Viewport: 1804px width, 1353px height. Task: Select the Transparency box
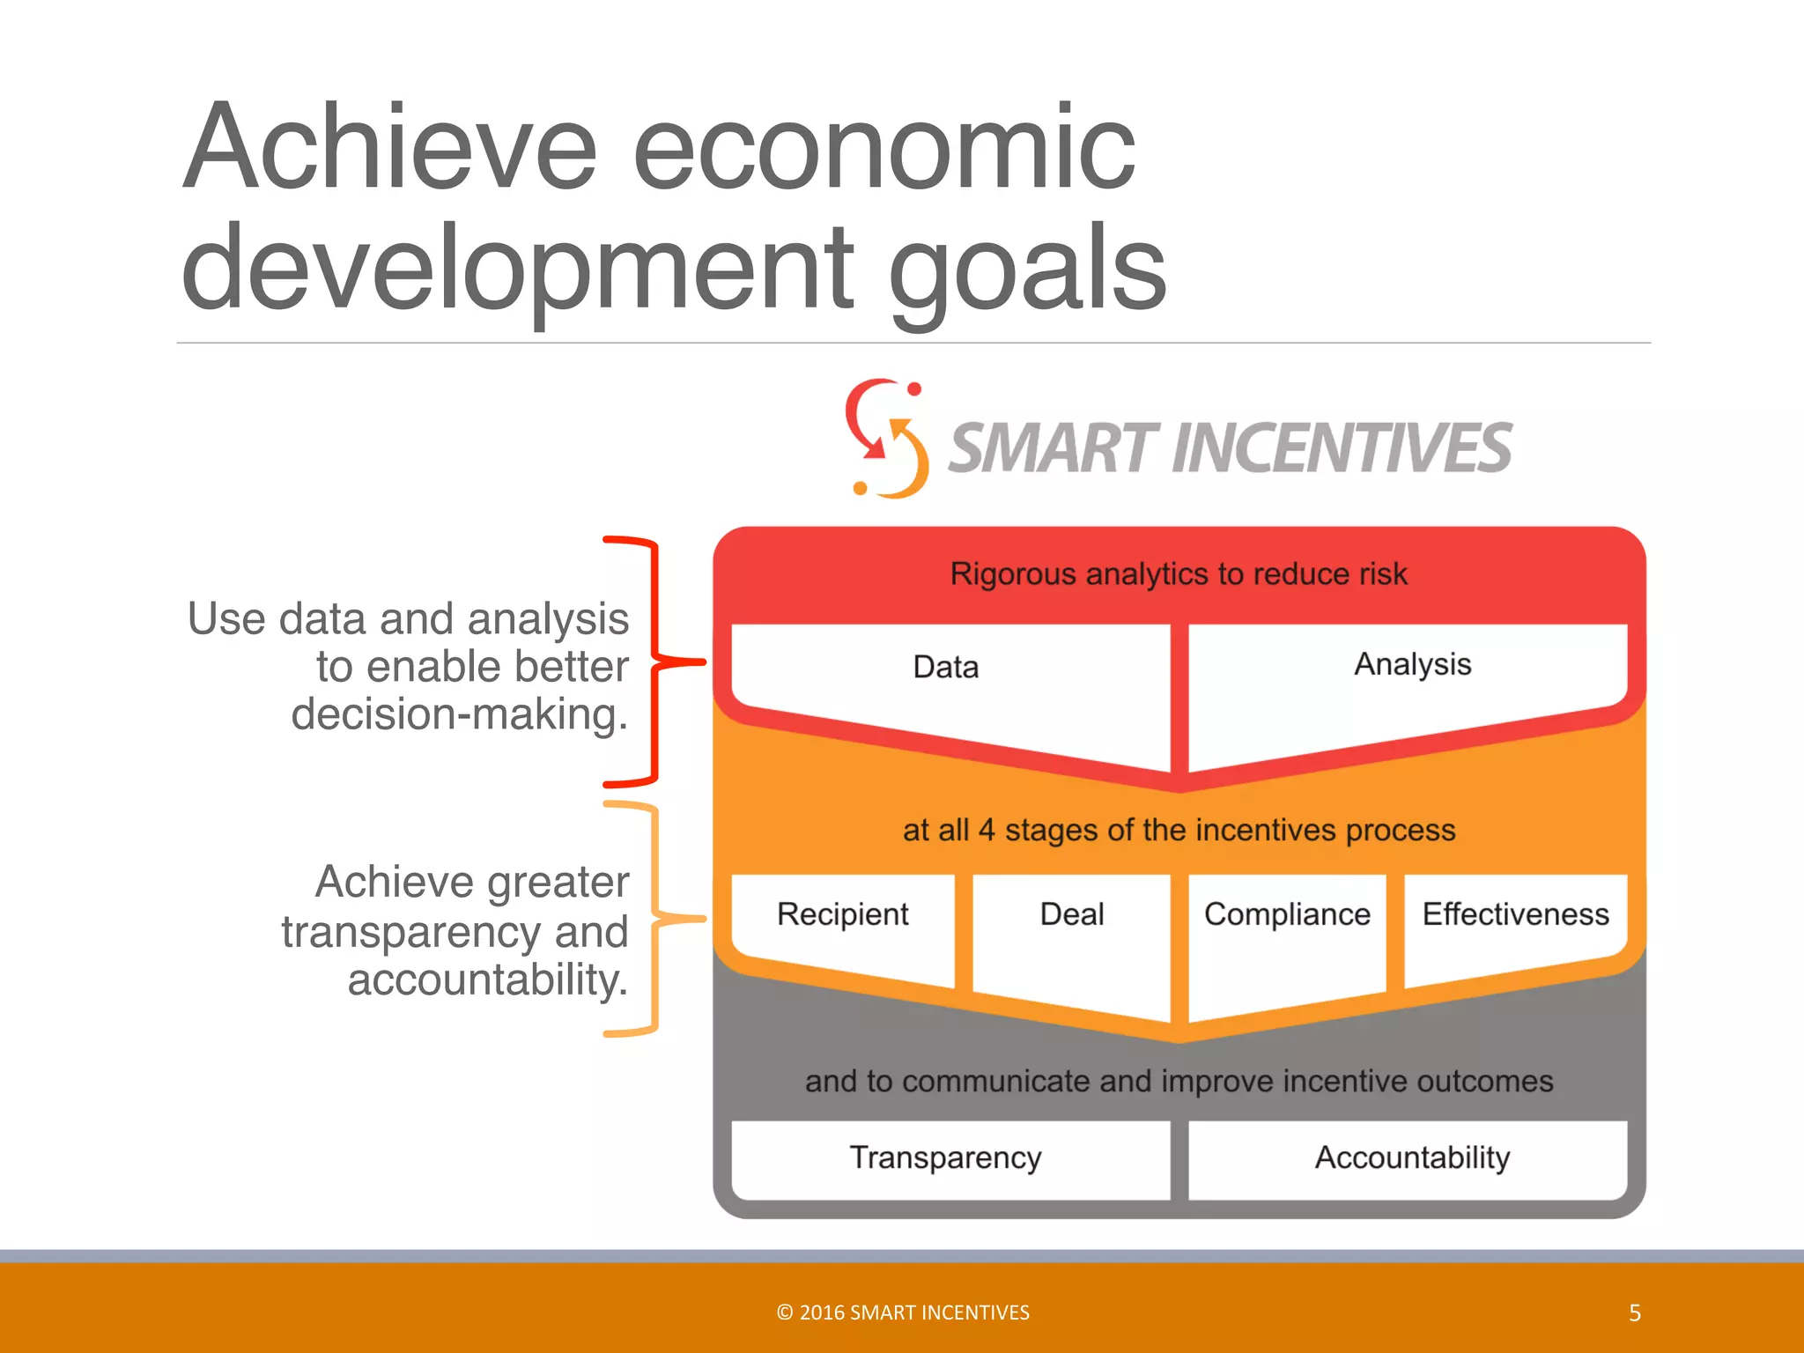pos(947,1157)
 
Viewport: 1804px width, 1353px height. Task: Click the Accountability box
pos(1412,1157)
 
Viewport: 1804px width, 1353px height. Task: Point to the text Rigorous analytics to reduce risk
pos(1179,574)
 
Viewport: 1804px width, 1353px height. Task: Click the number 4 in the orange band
pos(987,831)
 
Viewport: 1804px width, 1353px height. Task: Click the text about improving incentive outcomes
pos(1179,1081)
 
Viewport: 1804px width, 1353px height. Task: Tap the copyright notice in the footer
pos(903,1312)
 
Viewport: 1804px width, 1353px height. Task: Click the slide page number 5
pos(1635,1313)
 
